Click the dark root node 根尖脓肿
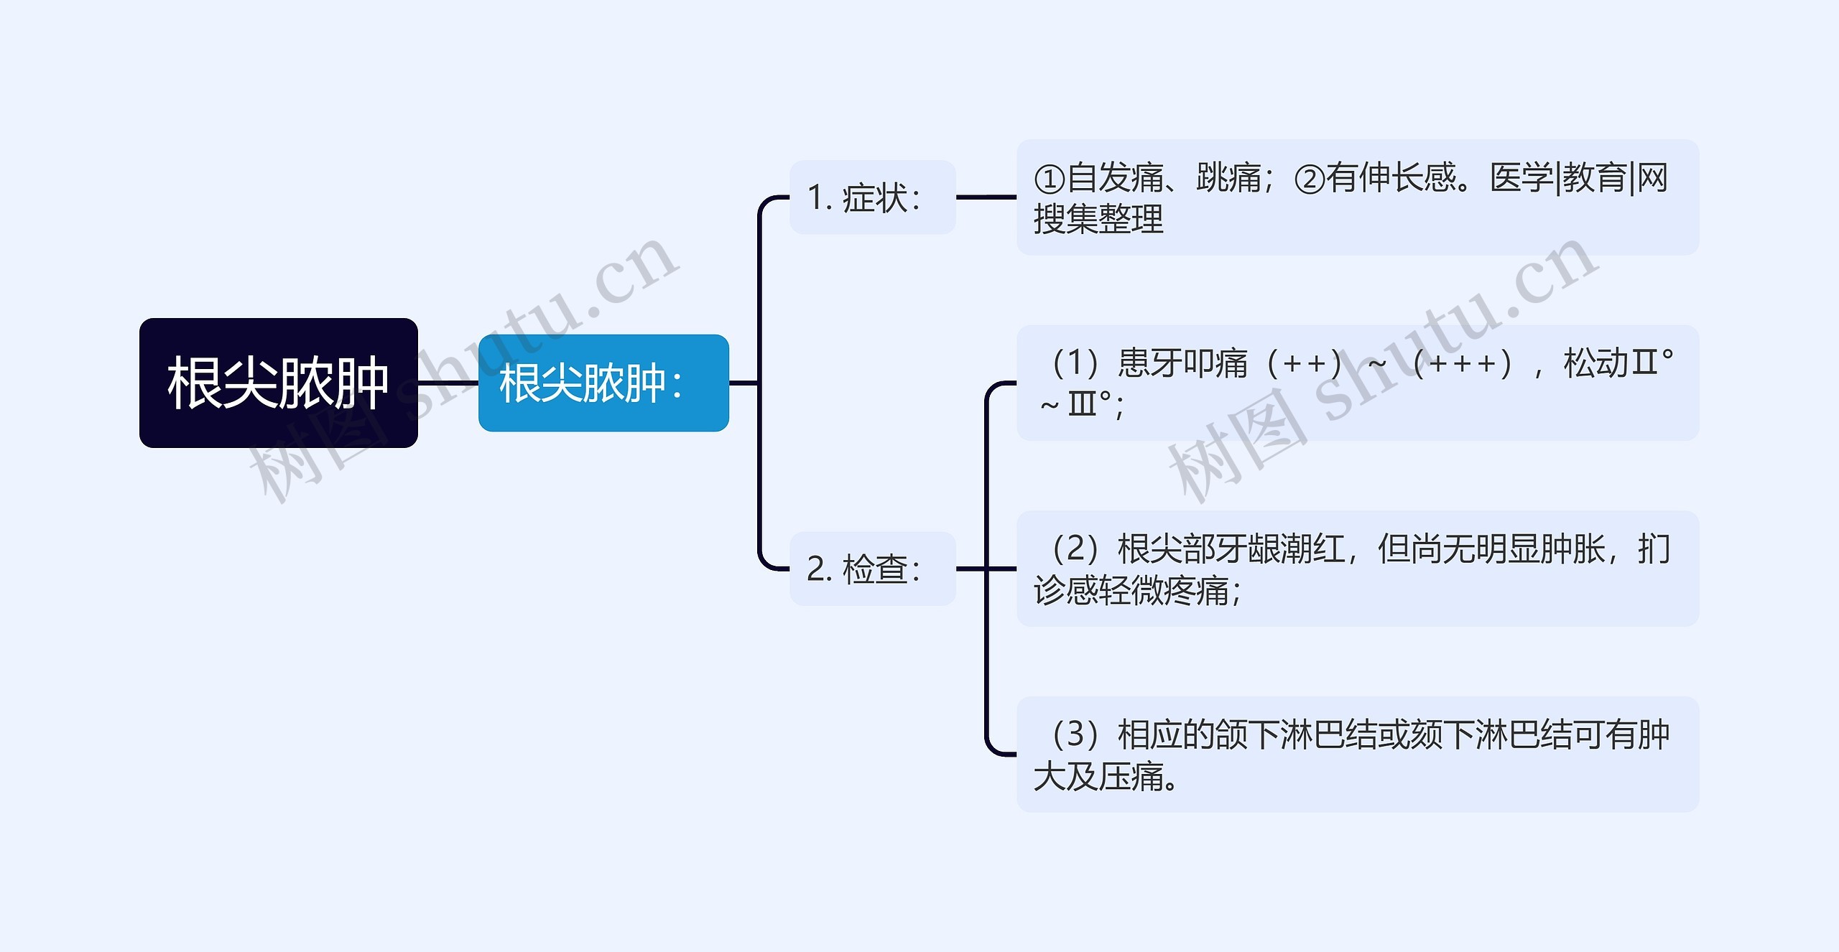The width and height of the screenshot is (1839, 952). pos(278,383)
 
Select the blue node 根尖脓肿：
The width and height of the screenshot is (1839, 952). pos(603,383)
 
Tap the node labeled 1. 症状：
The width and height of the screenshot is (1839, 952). pos(872,197)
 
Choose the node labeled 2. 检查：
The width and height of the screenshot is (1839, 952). pos(872,569)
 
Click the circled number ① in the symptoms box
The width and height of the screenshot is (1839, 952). pos(1049,179)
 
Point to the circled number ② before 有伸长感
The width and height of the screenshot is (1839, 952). pos(1309,179)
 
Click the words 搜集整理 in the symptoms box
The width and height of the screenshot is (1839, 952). pos(1098,219)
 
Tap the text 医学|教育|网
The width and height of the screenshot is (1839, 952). pos(1578,178)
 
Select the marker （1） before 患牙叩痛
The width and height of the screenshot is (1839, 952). pos(1075,363)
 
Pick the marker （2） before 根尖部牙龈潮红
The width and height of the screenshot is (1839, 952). pos(1075,549)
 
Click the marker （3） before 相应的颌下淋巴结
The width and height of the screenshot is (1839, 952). pos(1075,734)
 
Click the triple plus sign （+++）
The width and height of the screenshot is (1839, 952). pos(1462,363)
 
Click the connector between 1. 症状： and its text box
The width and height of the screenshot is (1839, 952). pos(986,197)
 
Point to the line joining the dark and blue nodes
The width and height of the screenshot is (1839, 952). pos(448,383)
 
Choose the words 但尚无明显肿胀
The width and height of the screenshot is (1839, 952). pos(1491,549)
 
